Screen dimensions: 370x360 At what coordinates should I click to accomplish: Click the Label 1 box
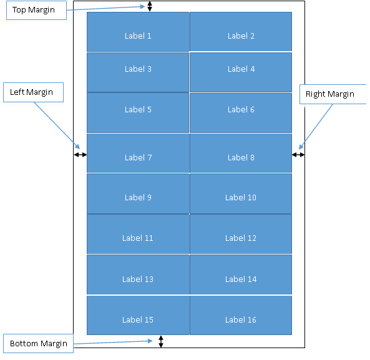(138, 32)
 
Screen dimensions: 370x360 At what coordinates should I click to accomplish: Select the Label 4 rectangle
(241, 72)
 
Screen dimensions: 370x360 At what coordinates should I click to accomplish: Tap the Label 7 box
(139, 153)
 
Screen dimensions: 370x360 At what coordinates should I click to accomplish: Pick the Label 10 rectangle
(241, 193)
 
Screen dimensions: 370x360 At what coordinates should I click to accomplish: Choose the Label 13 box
(139, 275)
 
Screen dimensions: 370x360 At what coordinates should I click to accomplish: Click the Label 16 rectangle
(241, 315)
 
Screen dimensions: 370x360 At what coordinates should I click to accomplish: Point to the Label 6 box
(241, 113)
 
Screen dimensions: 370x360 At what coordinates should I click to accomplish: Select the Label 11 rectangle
(139, 234)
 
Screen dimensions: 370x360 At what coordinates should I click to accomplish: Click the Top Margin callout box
(36, 10)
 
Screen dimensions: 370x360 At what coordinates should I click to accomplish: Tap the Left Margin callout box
(33, 92)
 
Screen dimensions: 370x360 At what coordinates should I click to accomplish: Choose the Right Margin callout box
(333, 94)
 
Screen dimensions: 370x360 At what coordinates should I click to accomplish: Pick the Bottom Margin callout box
(38, 344)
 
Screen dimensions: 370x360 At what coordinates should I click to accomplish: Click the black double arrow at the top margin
(150, 6)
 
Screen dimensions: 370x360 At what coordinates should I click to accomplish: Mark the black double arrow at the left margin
(80, 155)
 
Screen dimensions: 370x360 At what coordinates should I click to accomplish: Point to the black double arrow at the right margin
(298, 155)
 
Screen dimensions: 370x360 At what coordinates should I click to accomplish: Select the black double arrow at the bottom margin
(161, 341)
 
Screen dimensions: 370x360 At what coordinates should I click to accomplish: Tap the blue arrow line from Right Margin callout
(316, 127)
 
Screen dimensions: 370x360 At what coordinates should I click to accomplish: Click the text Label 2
(241, 36)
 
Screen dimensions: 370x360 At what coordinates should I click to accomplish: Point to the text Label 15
(138, 319)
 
